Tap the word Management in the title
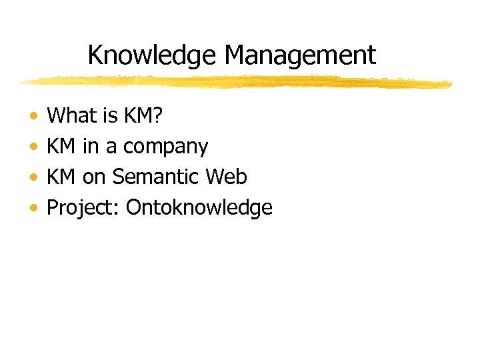[296, 55]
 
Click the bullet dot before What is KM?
[33, 117]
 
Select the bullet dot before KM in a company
[33, 147]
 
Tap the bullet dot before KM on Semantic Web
[33, 178]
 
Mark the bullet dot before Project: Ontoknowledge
[33, 209]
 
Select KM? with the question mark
[143, 116]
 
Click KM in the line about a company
[61, 147]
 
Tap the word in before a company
[90, 147]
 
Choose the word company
[166, 148]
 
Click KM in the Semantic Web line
[61, 177]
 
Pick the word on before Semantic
[95, 179]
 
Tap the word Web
[227, 177]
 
